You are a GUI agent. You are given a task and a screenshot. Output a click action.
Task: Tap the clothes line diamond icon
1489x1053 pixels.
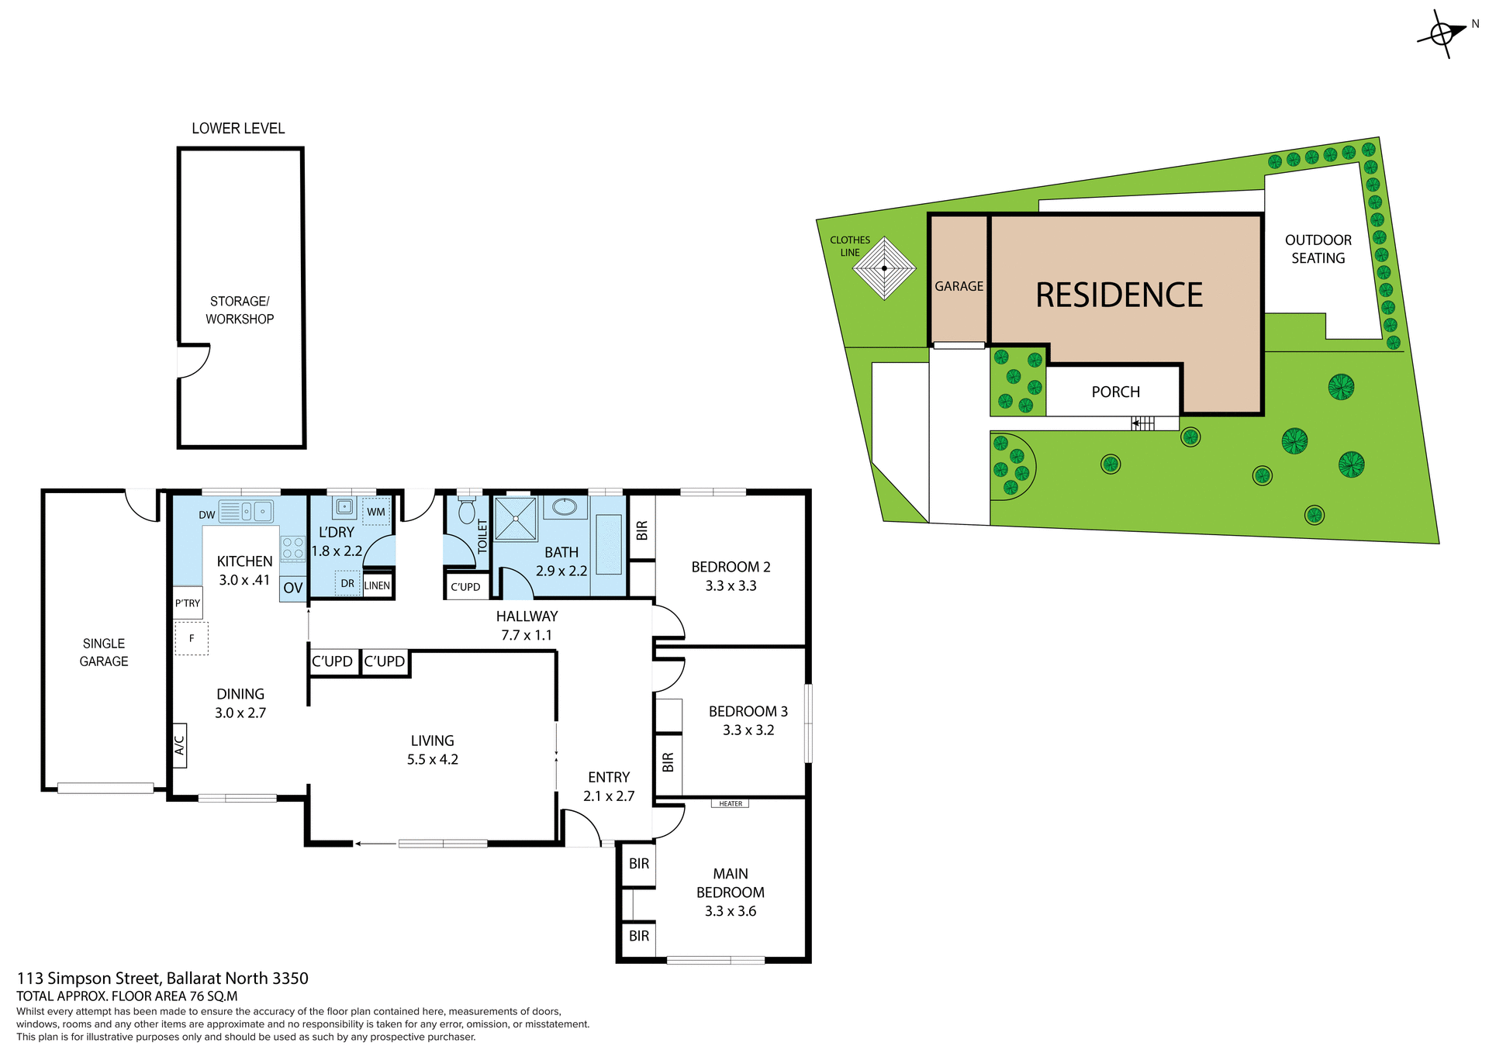tap(884, 268)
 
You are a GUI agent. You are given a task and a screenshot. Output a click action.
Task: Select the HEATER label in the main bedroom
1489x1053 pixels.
tap(730, 803)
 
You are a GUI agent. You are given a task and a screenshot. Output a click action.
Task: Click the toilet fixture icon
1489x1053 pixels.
tap(466, 511)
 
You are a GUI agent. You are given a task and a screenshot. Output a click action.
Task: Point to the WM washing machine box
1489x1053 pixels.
tap(376, 512)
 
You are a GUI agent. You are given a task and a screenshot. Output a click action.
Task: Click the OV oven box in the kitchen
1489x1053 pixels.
tap(292, 588)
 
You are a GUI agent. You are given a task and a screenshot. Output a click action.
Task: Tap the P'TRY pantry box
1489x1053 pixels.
tap(187, 602)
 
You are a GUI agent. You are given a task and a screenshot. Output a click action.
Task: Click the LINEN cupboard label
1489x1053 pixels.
tap(377, 585)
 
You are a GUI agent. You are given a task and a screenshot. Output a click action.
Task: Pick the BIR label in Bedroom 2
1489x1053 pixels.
tap(642, 530)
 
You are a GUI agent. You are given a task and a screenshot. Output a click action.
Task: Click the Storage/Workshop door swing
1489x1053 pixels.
tap(194, 361)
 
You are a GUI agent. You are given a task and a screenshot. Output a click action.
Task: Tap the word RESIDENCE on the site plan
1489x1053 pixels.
tap(1118, 295)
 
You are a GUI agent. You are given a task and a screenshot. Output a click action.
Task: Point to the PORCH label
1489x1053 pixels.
tap(1115, 392)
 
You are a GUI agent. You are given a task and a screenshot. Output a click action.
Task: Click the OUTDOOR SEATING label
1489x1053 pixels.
tap(1318, 249)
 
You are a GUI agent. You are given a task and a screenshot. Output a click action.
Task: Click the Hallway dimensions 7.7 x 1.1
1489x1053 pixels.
tap(527, 635)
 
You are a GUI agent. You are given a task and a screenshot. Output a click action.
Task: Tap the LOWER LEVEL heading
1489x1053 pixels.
tap(238, 129)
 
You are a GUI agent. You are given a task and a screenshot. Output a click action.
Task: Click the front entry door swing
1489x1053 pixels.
tap(582, 827)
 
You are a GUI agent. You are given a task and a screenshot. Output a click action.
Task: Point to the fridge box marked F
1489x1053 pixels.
tap(192, 638)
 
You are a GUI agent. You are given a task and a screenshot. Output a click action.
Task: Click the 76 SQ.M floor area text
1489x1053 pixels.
tap(213, 996)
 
